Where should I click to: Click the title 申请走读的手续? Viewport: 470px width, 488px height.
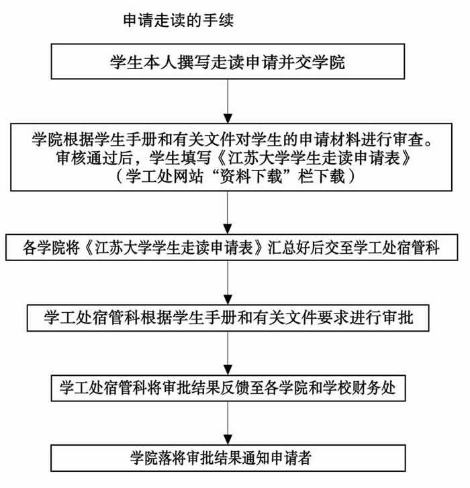(178, 21)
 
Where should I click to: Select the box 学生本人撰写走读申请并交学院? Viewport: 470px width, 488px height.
(228, 61)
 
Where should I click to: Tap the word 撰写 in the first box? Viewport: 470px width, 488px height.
(194, 62)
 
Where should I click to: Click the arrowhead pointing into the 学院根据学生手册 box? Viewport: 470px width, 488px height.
(228, 119)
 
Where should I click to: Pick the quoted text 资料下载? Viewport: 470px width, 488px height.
(251, 177)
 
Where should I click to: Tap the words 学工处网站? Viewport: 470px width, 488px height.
(164, 177)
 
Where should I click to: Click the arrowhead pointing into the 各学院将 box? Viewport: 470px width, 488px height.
(228, 230)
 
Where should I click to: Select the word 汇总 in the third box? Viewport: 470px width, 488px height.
(282, 248)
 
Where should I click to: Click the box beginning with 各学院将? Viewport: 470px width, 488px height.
(232, 248)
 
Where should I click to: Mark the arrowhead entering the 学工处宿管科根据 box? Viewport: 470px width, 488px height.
(228, 300)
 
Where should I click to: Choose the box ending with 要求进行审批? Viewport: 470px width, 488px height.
(228, 318)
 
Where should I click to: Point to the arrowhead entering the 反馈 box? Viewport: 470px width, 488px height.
(228, 371)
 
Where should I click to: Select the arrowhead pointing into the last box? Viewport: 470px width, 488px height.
(228, 440)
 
